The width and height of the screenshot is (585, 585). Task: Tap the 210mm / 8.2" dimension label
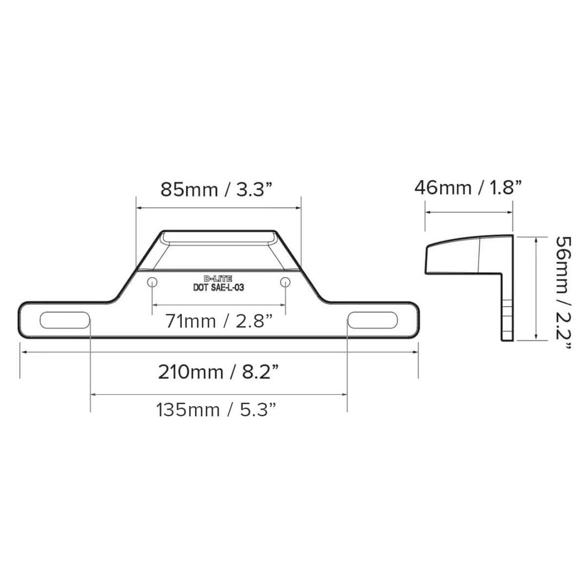pyautogui.click(x=219, y=372)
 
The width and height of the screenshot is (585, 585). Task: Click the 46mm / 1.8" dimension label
pyautogui.click(x=468, y=187)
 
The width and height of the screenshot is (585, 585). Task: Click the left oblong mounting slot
pyautogui.click(x=65, y=320)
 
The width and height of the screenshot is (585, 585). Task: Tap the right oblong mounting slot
pyautogui.click(x=372, y=320)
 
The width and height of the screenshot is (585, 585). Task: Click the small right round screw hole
pyautogui.click(x=286, y=282)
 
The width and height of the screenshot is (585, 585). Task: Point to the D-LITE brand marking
pyautogui.click(x=219, y=279)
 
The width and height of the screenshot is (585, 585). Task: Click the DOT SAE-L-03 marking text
pyautogui.click(x=219, y=288)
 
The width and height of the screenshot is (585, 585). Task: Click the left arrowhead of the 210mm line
pyautogui.click(x=21, y=351)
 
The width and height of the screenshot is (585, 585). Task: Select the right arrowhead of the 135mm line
pyautogui.click(x=345, y=394)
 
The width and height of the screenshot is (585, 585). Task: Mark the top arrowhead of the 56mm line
pyautogui.click(x=536, y=237)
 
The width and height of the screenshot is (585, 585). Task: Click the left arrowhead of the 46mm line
pyautogui.click(x=427, y=212)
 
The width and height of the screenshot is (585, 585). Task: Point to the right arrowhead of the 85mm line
pyautogui.click(x=299, y=208)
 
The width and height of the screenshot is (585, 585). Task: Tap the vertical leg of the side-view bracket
pyautogui.click(x=507, y=307)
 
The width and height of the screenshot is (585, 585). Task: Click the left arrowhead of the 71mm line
pyautogui.click(x=155, y=305)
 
